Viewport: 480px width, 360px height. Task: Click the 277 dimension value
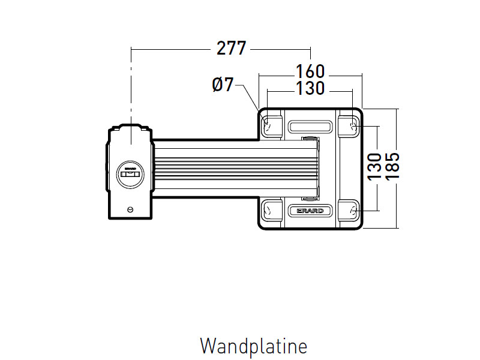232,49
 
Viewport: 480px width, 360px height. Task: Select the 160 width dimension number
310,71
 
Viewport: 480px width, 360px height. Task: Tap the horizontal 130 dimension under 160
310,88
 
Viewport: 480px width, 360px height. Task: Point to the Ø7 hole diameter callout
223,85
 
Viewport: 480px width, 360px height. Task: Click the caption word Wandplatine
253,346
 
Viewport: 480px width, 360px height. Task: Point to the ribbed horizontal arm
234,168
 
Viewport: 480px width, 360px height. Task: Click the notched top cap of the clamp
130,128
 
